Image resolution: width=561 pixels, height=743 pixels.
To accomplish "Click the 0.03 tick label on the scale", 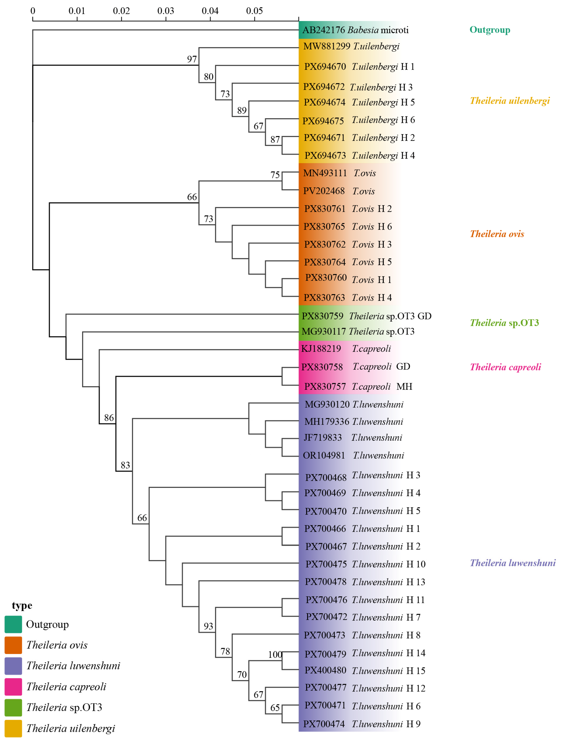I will tap(165, 11).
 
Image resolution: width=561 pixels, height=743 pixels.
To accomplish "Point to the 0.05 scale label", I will tap(254, 11).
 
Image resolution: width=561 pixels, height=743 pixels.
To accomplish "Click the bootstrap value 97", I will tap(192, 59).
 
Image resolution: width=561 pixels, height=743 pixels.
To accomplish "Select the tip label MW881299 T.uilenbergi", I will tap(351, 46).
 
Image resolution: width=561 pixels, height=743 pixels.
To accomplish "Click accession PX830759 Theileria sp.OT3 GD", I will tap(366, 316).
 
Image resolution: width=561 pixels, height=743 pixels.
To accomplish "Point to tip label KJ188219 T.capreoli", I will tap(346, 349).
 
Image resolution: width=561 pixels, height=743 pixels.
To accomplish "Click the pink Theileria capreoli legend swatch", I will tap(13, 687).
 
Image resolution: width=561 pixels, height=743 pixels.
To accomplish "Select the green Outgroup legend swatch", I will tap(13, 624).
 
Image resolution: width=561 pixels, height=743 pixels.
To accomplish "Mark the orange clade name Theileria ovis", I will tap(497, 234).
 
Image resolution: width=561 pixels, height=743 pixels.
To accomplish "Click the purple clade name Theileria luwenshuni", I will tap(512, 563).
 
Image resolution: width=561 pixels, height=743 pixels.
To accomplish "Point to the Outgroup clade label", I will tap(490, 30).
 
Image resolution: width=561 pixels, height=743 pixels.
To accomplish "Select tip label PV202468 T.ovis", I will tap(339, 191).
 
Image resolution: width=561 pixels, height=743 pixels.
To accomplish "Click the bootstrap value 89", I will tap(242, 110).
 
